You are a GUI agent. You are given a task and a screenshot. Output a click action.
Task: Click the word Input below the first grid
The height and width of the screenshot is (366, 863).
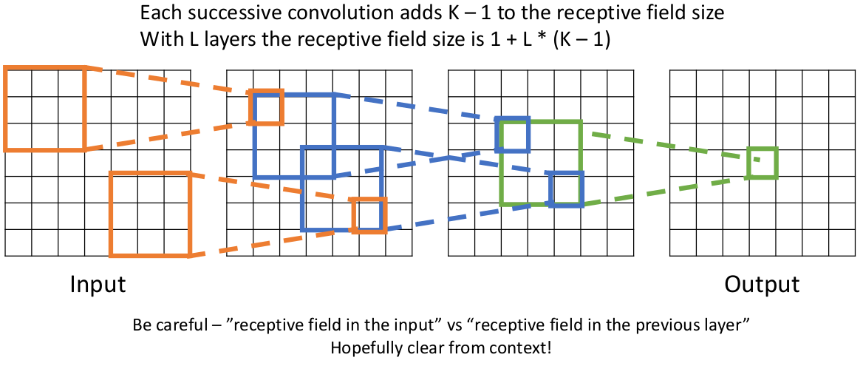98,285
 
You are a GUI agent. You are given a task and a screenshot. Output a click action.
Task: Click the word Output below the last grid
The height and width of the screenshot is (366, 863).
762,285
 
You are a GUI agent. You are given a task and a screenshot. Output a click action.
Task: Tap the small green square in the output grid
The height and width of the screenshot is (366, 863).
762,163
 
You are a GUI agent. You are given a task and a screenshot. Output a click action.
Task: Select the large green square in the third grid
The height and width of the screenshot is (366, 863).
541,163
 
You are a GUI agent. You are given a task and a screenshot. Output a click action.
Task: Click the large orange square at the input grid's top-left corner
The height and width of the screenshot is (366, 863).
44,108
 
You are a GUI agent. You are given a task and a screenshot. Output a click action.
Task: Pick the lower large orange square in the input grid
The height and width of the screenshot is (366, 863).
150,214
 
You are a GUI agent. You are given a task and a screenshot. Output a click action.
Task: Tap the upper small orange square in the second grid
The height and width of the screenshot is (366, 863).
266,108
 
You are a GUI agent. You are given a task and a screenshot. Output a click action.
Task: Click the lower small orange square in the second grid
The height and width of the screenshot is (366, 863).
369,215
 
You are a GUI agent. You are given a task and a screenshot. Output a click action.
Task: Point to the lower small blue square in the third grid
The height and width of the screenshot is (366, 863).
567,189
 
